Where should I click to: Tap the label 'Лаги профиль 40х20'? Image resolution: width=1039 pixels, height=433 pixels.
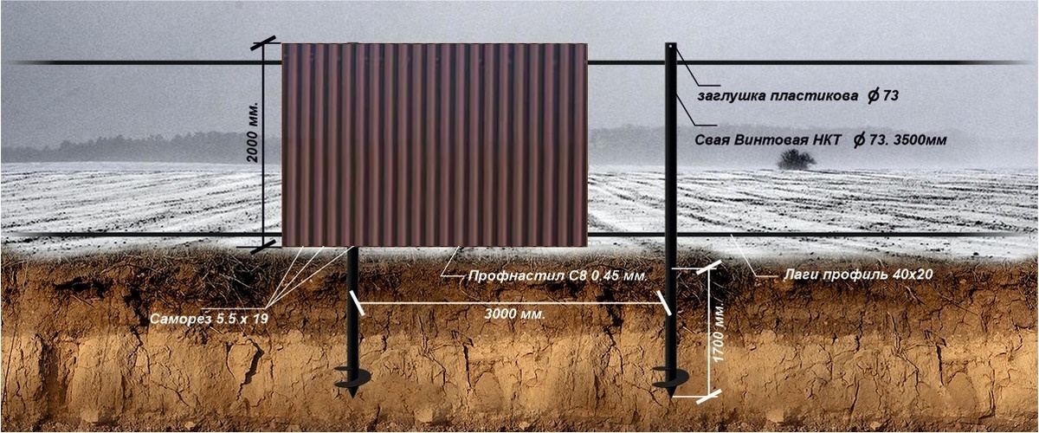[849, 274]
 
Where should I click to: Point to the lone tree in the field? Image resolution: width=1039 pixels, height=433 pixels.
[796, 158]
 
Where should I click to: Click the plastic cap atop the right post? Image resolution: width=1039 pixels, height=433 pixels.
[672, 45]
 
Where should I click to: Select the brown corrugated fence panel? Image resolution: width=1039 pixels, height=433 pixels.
[435, 144]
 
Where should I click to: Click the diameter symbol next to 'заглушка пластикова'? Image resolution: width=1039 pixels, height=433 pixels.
[873, 97]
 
